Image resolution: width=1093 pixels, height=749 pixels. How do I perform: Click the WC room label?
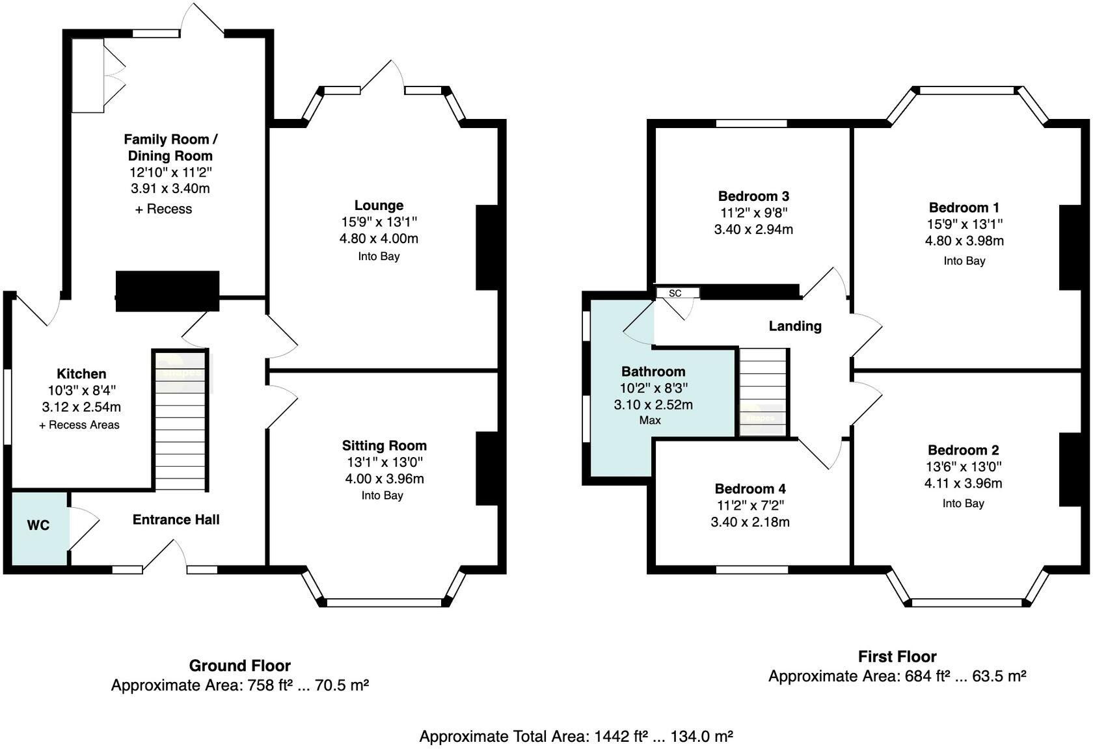pyautogui.click(x=38, y=525)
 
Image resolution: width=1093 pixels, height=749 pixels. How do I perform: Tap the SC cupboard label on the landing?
pyautogui.click(x=675, y=293)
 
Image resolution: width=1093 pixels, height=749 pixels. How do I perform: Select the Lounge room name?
pyautogui.click(x=379, y=205)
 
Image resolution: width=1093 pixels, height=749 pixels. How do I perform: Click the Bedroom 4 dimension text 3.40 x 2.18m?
pyautogui.click(x=750, y=522)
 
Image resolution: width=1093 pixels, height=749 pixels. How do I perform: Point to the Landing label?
pyautogui.click(x=794, y=326)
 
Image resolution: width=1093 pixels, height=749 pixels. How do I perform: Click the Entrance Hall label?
pyautogui.click(x=176, y=519)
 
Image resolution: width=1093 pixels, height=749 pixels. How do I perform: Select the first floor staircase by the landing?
pyautogui.click(x=763, y=392)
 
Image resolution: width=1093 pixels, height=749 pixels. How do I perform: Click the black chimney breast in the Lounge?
pyautogui.click(x=486, y=248)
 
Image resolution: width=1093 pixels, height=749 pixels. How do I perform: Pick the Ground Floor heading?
pyautogui.click(x=239, y=666)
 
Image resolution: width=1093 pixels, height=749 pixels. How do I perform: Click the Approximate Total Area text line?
pyautogui.click(x=576, y=737)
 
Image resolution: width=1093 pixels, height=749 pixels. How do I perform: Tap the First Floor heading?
pyautogui.click(x=897, y=657)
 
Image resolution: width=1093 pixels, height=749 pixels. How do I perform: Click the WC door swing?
pyautogui.click(x=83, y=527)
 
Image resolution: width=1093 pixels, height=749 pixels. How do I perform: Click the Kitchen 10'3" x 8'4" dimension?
pyautogui.click(x=81, y=391)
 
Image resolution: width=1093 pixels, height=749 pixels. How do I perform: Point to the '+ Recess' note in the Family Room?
pyautogui.click(x=163, y=209)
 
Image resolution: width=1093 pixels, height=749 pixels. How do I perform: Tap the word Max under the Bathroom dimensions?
pyautogui.click(x=650, y=421)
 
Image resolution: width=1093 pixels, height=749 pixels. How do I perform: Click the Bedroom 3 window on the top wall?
pyautogui.click(x=751, y=123)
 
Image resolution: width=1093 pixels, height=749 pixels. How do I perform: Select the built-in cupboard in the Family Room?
pyautogui.click(x=88, y=75)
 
